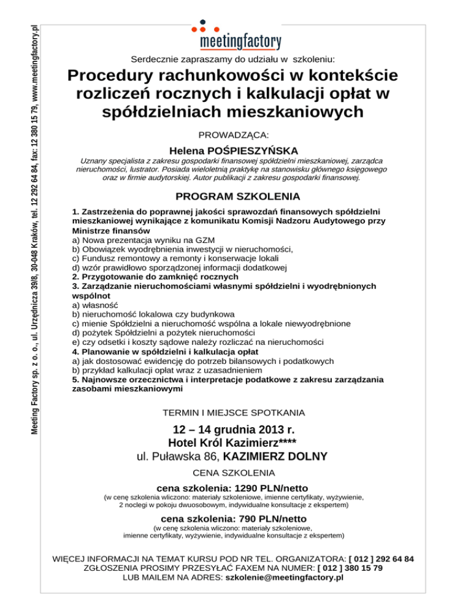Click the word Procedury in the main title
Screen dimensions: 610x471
click(115, 77)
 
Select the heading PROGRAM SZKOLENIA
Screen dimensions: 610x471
click(237, 197)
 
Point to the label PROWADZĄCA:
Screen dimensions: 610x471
click(235, 133)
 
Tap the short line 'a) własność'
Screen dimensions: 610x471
click(95, 305)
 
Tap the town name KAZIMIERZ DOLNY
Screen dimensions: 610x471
click(275, 457)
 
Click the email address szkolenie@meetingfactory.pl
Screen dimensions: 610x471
click(285, 577)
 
